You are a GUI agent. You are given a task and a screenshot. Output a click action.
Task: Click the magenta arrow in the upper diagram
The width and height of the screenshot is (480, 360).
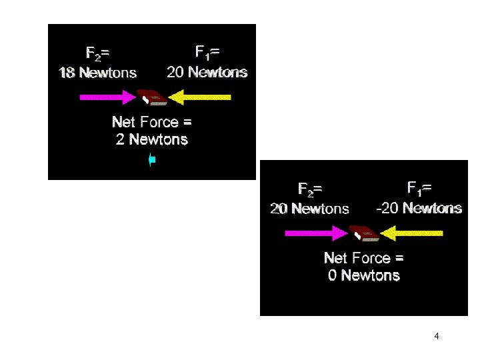tap(107, 97)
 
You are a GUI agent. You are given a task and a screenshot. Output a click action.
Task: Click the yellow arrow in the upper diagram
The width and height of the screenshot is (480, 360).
tap(199, 97)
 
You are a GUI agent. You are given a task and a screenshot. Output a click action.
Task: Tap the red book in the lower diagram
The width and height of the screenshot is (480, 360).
tap(365, 233)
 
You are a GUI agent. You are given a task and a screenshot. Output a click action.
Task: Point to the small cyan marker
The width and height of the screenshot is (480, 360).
tap(152, 159)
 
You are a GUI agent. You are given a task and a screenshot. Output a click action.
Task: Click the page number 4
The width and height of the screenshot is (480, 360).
tap(436, 336)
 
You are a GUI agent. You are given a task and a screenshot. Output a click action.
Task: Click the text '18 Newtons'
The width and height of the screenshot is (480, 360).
tap(98, 73)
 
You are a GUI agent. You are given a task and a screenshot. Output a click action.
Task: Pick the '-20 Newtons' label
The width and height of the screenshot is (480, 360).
tap(419, 208)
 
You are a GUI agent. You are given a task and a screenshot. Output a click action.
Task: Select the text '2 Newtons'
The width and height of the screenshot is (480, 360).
tap(152, 139)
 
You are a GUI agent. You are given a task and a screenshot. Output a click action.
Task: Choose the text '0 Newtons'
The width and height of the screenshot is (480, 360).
tap(364, 275)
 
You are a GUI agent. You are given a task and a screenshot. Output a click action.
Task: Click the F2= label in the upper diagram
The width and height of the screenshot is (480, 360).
tap(98, 53)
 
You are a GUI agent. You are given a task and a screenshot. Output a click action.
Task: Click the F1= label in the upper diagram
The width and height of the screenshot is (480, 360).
tap(207, 52)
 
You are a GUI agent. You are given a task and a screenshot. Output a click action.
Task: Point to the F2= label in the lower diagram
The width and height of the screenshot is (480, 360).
tap(310, 189)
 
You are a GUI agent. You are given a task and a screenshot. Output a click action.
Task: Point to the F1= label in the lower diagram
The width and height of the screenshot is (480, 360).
tap(419, 189)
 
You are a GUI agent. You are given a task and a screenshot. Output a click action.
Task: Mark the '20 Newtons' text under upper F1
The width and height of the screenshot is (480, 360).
tap(207, 72)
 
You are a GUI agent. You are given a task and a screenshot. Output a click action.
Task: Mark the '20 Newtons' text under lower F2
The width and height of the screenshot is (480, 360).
tap(309, 209)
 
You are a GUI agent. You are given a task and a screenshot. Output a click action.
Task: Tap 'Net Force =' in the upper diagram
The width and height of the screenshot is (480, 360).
tap(152, 122)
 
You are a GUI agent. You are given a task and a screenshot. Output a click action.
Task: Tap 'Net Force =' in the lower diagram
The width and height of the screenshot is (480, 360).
tap(364, 257)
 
